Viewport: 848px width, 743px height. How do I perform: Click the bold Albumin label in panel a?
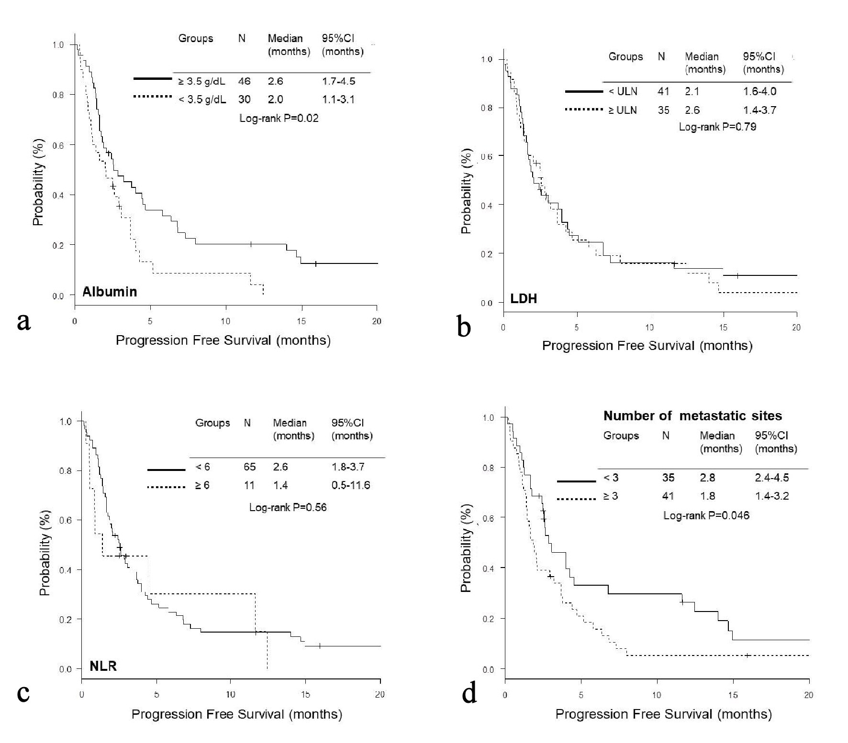tap(110, 292)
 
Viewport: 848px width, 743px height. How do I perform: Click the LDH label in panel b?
tap(524, 299)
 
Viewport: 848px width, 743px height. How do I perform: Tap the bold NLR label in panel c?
tap(103, 666)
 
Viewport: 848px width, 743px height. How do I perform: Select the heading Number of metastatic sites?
tap(692, 416)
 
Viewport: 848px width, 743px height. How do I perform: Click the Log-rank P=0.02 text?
tap(279, 118)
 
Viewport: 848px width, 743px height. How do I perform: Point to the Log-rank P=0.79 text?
tap(717, 127)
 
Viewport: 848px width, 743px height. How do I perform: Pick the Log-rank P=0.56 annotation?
tap(288, 507)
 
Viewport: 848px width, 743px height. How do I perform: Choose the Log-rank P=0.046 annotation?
tap(706, 515)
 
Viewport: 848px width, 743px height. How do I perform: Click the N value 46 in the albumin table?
tap(244, 81)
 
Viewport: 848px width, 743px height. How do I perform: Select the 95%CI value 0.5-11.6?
tap(350, 485)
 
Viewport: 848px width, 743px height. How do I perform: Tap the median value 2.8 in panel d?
tap(707, 478)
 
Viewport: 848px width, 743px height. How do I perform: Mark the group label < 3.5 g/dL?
tap(201, 99)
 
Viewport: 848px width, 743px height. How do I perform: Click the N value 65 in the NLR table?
tap(249, 467)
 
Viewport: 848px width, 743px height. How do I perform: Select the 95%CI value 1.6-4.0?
tap(759, 91)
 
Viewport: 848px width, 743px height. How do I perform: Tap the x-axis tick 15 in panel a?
tap(301, 321)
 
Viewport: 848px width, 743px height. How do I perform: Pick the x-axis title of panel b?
tap(647, 346)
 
